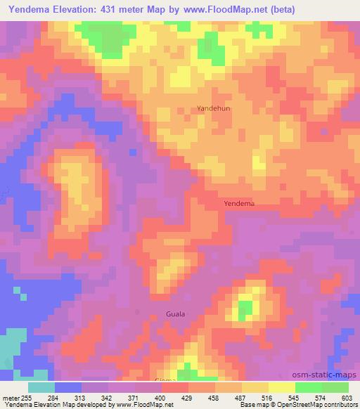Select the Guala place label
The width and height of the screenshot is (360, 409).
pos(176,313)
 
